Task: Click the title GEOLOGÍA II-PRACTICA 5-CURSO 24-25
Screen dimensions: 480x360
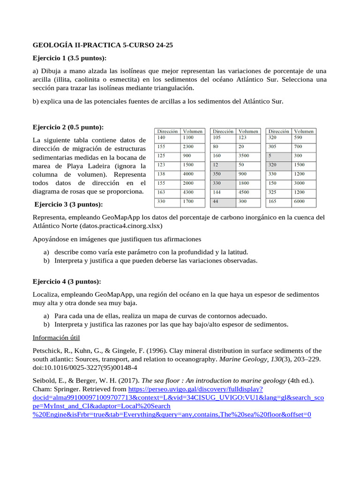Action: [x=103, y=45]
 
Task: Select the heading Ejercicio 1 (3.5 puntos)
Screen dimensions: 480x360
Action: [x=69, y=58]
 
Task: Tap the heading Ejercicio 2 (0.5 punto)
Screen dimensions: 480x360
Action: [x=68, y=127]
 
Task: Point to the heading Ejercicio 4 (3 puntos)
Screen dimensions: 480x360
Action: [x=67, y=281]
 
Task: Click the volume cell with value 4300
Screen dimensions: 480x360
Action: [x=193, y=192]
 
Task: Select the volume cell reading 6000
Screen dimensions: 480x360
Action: [x=303, y=202]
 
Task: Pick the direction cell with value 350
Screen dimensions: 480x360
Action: [x=222, y=174]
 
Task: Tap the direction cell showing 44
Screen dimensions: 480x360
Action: [x=222, y=202]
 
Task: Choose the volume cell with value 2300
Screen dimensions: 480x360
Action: [x=193, y=146]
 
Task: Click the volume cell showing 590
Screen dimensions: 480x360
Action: [x=303, y=137]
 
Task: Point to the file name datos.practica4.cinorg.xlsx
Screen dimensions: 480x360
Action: [x=120, y=225]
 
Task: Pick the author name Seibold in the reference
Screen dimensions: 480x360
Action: [x=45, y=380]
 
